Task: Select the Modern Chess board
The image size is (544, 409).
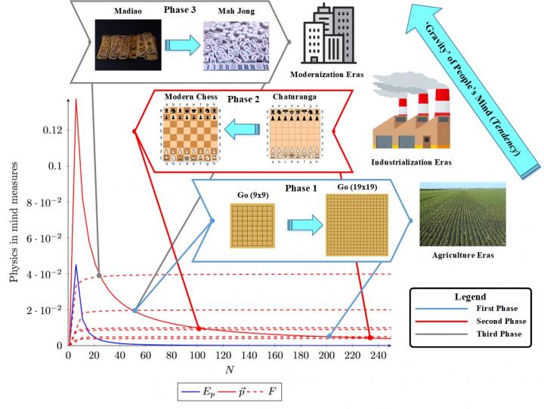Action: (x=191, y=131)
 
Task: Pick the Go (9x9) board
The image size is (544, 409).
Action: (x=253, y=225)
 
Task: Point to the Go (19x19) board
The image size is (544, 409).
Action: (x=357, y=225)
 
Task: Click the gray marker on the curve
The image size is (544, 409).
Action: (x=99, y=274)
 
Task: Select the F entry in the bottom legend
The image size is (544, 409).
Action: (x=261, y=394)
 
